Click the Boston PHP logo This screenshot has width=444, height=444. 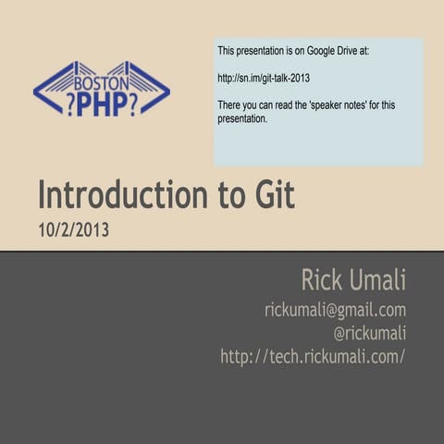point(101,90)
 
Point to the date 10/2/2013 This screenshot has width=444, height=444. point(73,230)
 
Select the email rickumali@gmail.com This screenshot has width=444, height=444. point(335,310)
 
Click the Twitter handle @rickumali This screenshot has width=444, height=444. point(369,333)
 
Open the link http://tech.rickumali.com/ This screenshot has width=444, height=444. point(313,356)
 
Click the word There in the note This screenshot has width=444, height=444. point(230,105)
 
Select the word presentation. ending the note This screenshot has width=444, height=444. point(242,118)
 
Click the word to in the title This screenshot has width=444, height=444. point(227,196)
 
